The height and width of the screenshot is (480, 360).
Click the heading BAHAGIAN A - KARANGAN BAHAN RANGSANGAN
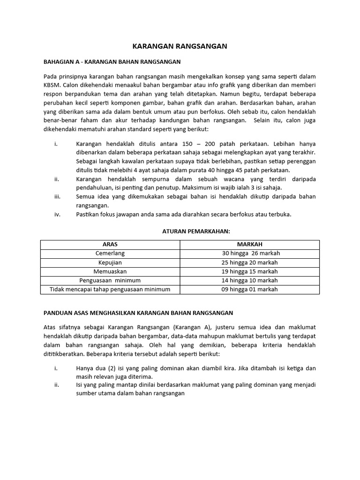pos(112,61)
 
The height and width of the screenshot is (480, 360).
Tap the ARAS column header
pos(110,245)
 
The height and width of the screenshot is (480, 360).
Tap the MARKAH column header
pos(249,245)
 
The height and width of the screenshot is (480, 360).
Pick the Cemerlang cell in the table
pos(110,253)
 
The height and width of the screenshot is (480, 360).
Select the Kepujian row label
pos(110,262)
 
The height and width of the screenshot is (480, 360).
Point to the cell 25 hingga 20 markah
pos(249,262)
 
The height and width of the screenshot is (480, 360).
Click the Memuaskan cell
pos(110,271)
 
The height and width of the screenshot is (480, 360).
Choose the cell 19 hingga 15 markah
pos(249,271)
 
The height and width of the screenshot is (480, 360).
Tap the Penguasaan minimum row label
pos(110,280)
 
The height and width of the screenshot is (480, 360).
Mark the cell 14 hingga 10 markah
pos(249,280)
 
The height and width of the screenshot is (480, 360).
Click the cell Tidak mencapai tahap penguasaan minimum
pos(110,289)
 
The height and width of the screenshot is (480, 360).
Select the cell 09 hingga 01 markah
pos(249,289)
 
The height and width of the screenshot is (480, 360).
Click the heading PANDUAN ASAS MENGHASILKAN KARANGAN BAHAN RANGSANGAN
pos(138,312)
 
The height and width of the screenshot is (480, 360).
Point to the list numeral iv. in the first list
pos(56,214)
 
